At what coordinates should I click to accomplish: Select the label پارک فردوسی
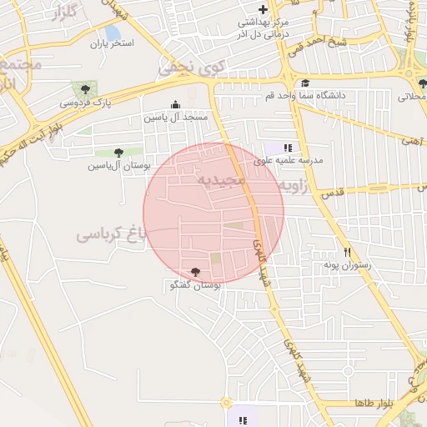tap(85, 103)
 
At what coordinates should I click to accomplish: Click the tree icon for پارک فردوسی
tap(84, 88)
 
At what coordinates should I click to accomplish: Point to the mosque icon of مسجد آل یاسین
tap(175, 105)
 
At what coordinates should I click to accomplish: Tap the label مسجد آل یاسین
tap(175, 118)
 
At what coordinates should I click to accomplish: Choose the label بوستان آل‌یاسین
tap(118, 165)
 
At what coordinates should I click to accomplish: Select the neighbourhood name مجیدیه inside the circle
tap(220, 179)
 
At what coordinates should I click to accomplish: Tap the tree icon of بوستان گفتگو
tap(195, 272)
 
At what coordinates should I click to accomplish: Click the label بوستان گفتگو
tap(194, 285)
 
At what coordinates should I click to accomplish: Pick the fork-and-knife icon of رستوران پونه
tap(346, 251)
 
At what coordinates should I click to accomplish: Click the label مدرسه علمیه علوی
tap(294, 159)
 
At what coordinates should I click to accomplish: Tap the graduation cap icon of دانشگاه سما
tap(305, 83)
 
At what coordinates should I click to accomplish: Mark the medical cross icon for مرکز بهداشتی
tap(264, 9)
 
